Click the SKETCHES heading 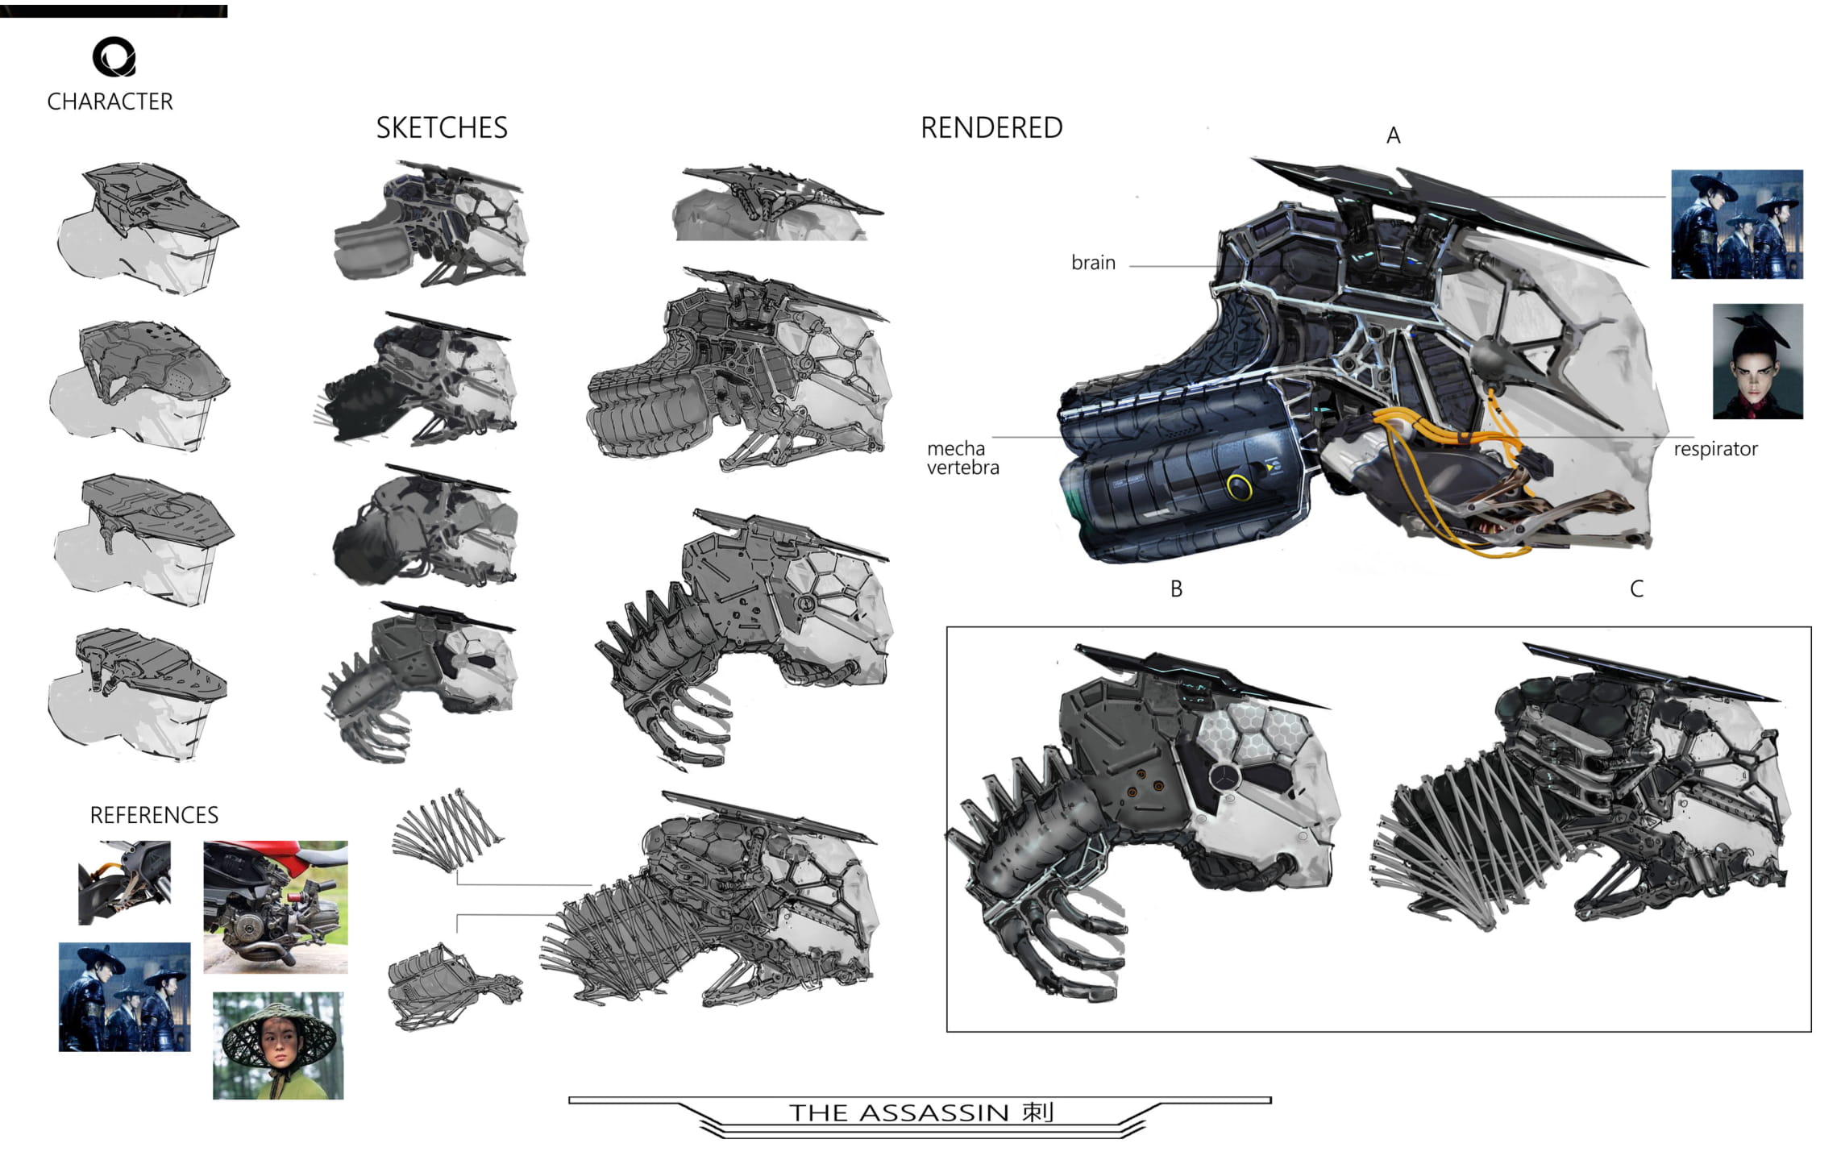pos(442,127)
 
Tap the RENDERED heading pos(991,127)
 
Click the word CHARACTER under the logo pos(110,102)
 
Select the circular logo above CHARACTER pos(114,56)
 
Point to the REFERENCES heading pos(154,815)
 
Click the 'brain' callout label pos(1093,263)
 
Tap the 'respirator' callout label pos(1715,449)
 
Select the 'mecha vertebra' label pos(962,458)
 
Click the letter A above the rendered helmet pos(1393,135)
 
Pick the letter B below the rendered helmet pos(1176,589)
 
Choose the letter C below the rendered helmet pos(1636,589)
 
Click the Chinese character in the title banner pos(1038,1112)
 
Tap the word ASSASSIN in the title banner pos(933,1113)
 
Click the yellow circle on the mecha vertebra pos(1239,486)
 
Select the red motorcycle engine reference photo pos(275,906)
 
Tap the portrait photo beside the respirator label pos(1757,361)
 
